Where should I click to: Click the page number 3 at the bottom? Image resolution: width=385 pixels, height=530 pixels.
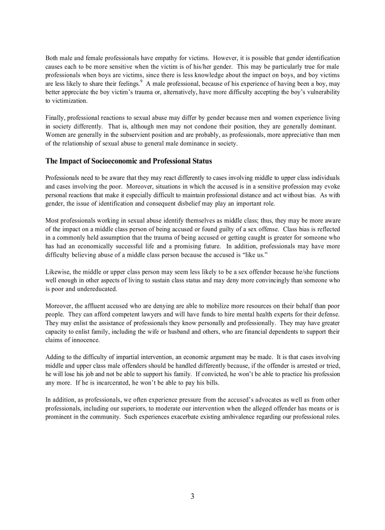[192, 496]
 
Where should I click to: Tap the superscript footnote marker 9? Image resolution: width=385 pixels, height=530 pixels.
[141, 81]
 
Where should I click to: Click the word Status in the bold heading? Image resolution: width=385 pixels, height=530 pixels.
[200, 161]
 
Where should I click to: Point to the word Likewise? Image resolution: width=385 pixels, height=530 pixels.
[58, 272]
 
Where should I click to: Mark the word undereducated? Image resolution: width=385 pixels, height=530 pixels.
[95, 289]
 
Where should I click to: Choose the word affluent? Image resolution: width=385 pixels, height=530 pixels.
[93, 306]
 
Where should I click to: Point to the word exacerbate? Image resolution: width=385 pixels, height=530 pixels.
[187, 417]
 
